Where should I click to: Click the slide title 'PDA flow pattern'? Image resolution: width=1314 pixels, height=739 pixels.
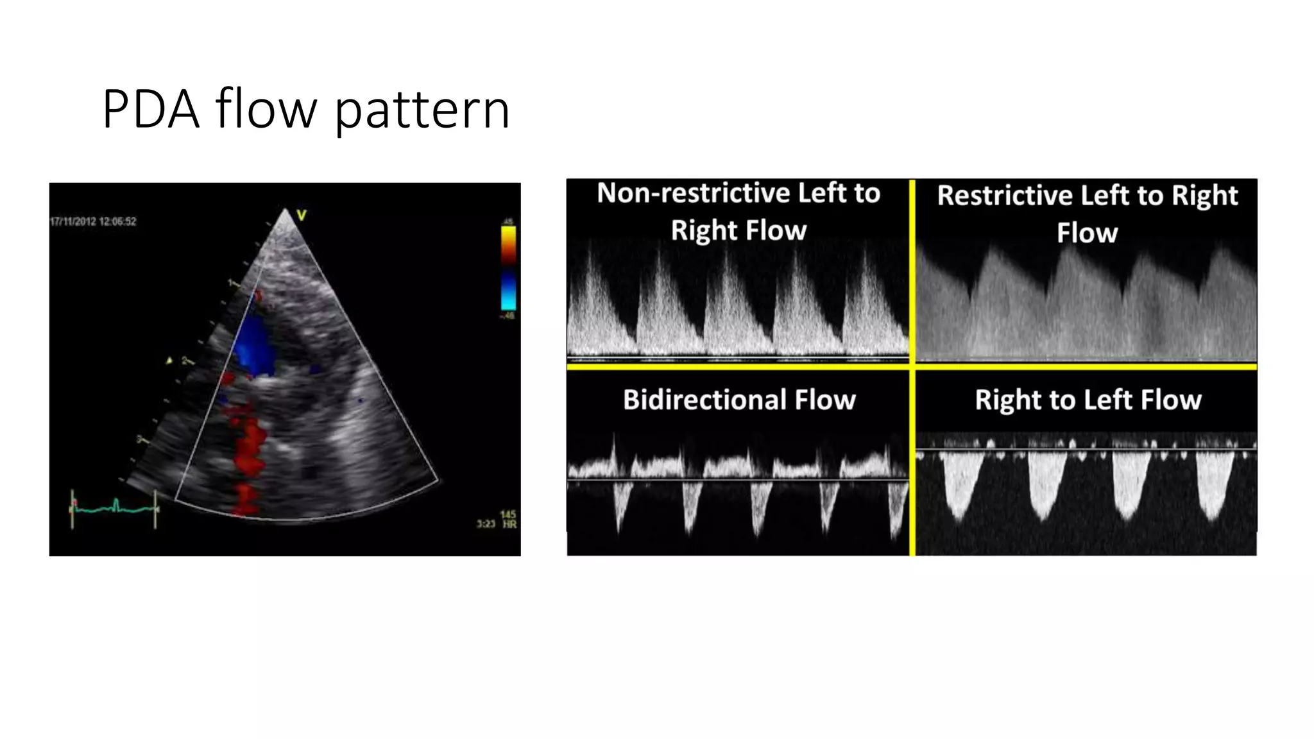coord(305,109)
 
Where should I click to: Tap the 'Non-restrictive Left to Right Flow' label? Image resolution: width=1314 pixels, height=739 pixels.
coord(738,211)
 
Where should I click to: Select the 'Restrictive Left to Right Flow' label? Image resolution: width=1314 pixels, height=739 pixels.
coord(1087,214)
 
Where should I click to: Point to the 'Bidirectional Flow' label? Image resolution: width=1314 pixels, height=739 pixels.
coord(739,400)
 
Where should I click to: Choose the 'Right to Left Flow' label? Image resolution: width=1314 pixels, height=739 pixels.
coord(1088,400)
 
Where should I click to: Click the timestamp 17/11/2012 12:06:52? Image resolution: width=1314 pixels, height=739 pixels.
coord(94,221)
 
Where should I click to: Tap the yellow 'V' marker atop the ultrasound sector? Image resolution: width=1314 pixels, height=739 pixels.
coord(302,216)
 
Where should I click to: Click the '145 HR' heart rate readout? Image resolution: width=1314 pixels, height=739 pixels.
coord(508,519)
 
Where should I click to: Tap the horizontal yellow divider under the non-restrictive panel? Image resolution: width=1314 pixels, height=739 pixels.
coord(738,366)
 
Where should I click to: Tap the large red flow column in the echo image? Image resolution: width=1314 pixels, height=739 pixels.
coord(250,449)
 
